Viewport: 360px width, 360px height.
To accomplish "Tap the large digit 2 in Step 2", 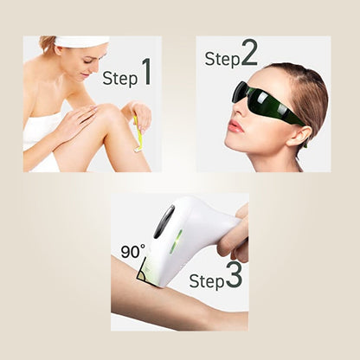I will (249, 53).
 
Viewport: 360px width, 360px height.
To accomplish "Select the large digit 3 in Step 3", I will (234, 275).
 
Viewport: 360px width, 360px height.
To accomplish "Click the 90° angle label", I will (132, 252).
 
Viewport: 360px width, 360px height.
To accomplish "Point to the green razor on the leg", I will (138, 134).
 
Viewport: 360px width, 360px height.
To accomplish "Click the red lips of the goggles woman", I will (234, 126).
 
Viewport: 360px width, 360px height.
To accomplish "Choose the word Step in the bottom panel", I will (206, 281).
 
